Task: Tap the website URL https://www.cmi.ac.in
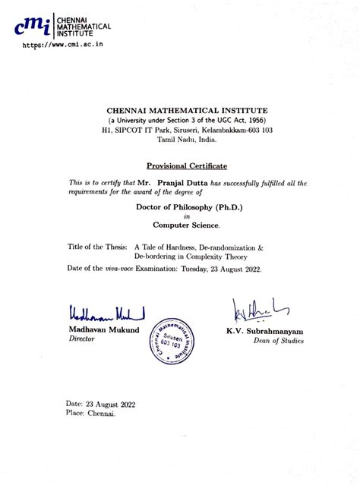62,46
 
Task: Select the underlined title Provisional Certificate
186,165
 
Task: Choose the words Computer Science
186,225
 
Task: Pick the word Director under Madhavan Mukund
83,341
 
